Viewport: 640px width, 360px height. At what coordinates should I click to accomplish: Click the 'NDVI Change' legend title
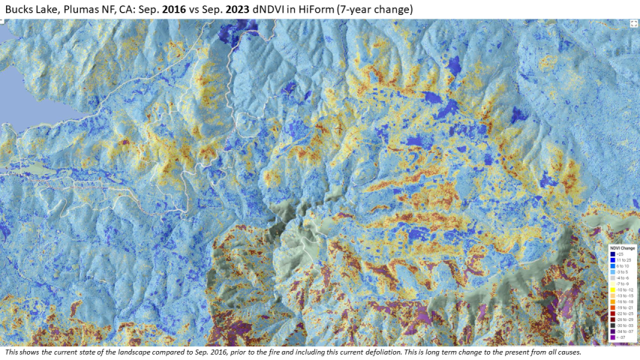tap(622, 248)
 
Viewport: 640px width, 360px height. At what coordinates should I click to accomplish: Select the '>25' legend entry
tap(620, 254)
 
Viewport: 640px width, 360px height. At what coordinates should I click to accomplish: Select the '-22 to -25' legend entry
tap(623, 307)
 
